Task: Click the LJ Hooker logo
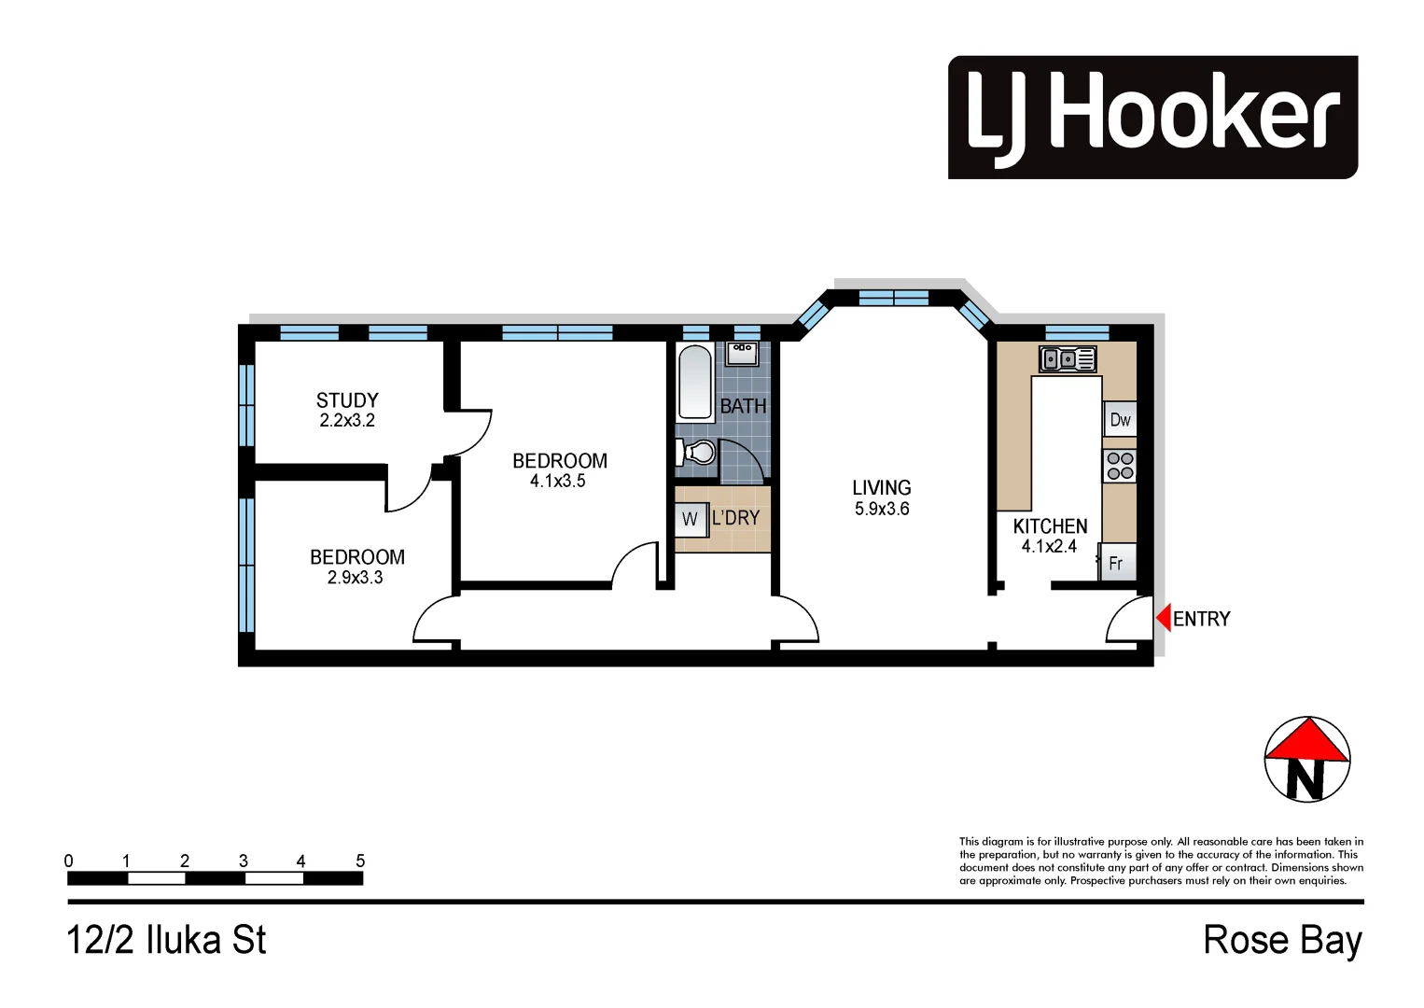1152,117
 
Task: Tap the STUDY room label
347,400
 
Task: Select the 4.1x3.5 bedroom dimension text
558,482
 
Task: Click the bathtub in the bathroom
695,384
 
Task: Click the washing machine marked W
690,519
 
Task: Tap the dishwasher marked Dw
1120,420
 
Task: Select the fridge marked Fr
1117,564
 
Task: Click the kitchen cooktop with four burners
1120,466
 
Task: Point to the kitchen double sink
1068,358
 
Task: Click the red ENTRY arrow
1164,618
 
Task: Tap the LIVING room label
881,488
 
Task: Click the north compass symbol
1306,760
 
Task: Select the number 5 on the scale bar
360,861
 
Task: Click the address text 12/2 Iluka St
166,940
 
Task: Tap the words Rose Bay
1282,940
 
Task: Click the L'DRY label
736,518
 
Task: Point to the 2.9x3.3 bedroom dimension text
355,578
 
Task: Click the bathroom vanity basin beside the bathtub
743,353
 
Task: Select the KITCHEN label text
1050,526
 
